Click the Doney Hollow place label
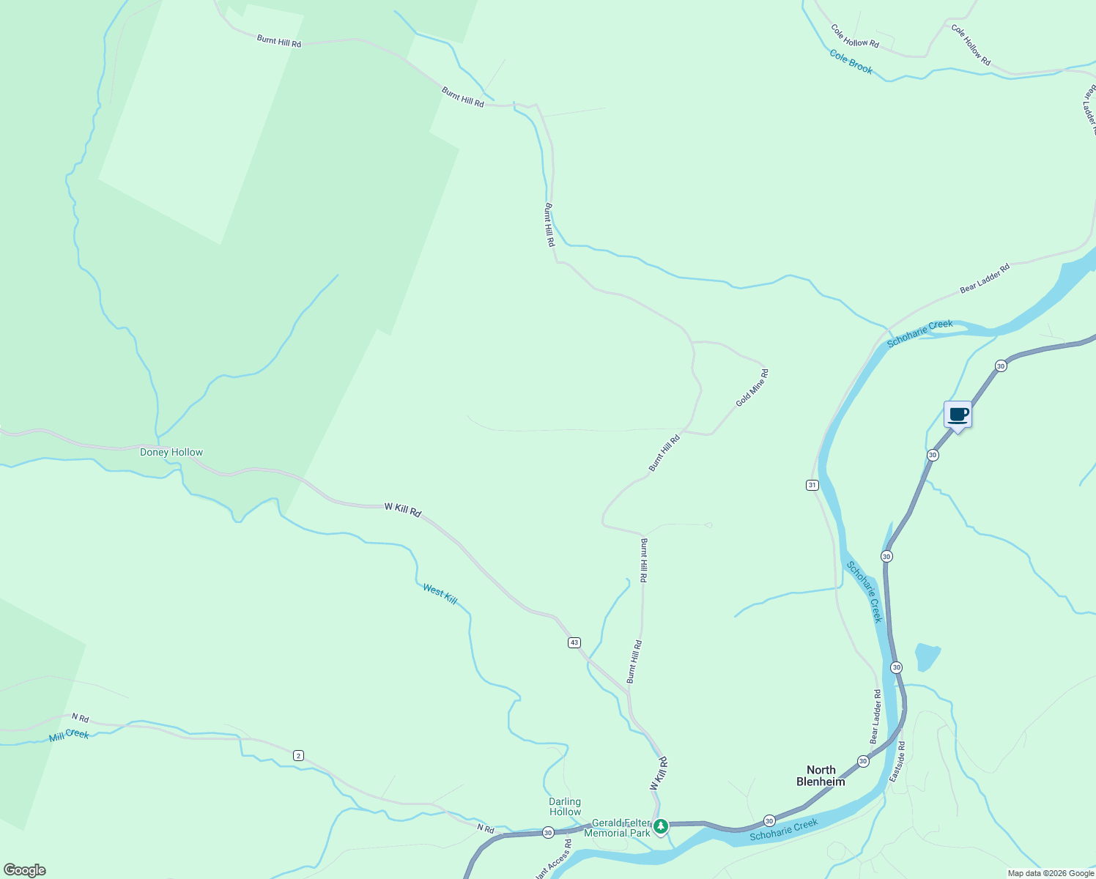tap(171, 452)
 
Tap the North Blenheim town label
tap(821, 776)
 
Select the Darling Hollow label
tap(565, 806)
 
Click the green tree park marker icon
tap(661, 826)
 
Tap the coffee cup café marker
tap(958, 415)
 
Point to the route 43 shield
tap(574, 642)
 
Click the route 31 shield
tap(812, 485)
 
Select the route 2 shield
tap(298, 755)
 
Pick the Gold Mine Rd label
tap(752, 388)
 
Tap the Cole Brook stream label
tap(851, 62)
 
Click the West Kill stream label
tap(440, 594)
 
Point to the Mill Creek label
tap(69, 735)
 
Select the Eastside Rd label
tap(897, 762)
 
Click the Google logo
tap(25, 870)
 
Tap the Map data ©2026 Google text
tap(1051, 873)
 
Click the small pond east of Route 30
tap(927, 656)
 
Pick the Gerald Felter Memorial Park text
tap(621, 828)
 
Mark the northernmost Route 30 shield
tap(1000, 366)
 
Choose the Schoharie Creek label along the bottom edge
tap(783, 829)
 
